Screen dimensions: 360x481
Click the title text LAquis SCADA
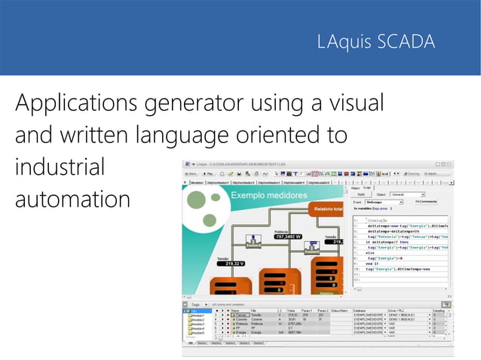point(375,42)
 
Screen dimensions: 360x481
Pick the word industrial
point(60,166)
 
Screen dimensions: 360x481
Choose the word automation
point(72,200)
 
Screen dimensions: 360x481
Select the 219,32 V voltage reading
point(229,264)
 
